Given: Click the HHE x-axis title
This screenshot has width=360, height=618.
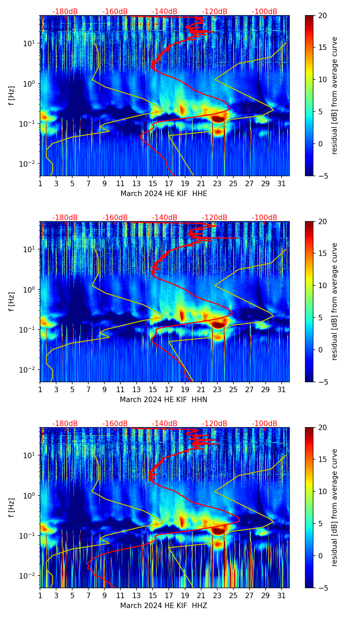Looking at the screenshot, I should (164, 194).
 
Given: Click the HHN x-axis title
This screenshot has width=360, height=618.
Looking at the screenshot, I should (164, 400).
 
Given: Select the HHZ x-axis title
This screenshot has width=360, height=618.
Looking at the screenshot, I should (164, 606).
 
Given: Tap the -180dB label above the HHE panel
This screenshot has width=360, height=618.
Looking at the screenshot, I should (65, 12).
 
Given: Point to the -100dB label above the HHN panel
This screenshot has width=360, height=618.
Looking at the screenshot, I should (265, 218).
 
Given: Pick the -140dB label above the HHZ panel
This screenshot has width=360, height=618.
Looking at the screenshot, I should (165, 424).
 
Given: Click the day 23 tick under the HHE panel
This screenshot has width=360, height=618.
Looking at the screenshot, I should (217, 184).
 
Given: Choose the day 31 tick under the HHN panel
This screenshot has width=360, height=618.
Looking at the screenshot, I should (282, 390).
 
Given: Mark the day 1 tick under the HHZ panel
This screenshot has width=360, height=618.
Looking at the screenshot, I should (40, 596).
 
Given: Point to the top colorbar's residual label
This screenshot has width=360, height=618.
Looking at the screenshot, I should (334, 96).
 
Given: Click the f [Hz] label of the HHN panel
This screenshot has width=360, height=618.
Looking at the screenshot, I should (12, 301).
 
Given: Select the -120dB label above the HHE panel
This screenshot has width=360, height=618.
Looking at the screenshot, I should (215, 12).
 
